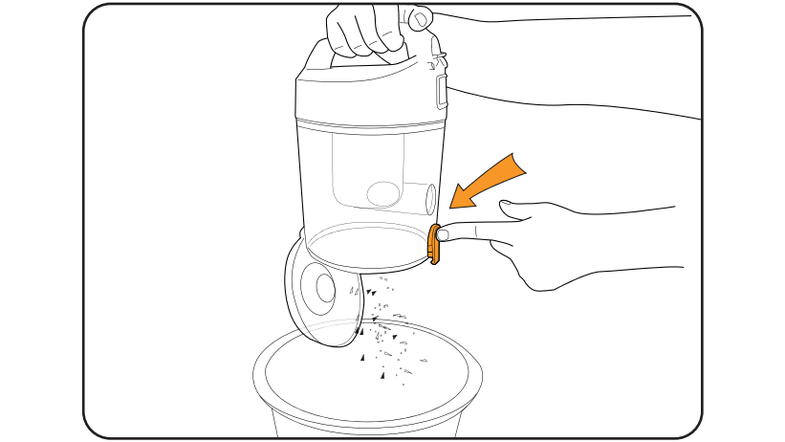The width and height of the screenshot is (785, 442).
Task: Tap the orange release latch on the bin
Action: pos(435,244)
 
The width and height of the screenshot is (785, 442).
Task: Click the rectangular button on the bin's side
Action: pos(441,92)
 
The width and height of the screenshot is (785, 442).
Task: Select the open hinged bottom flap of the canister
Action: pos(320,297)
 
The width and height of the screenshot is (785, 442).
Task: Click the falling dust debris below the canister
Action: pos(387,325)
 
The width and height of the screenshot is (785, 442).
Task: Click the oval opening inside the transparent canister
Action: pos(383,194)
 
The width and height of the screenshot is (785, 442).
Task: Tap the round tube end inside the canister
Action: pos(429,199)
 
